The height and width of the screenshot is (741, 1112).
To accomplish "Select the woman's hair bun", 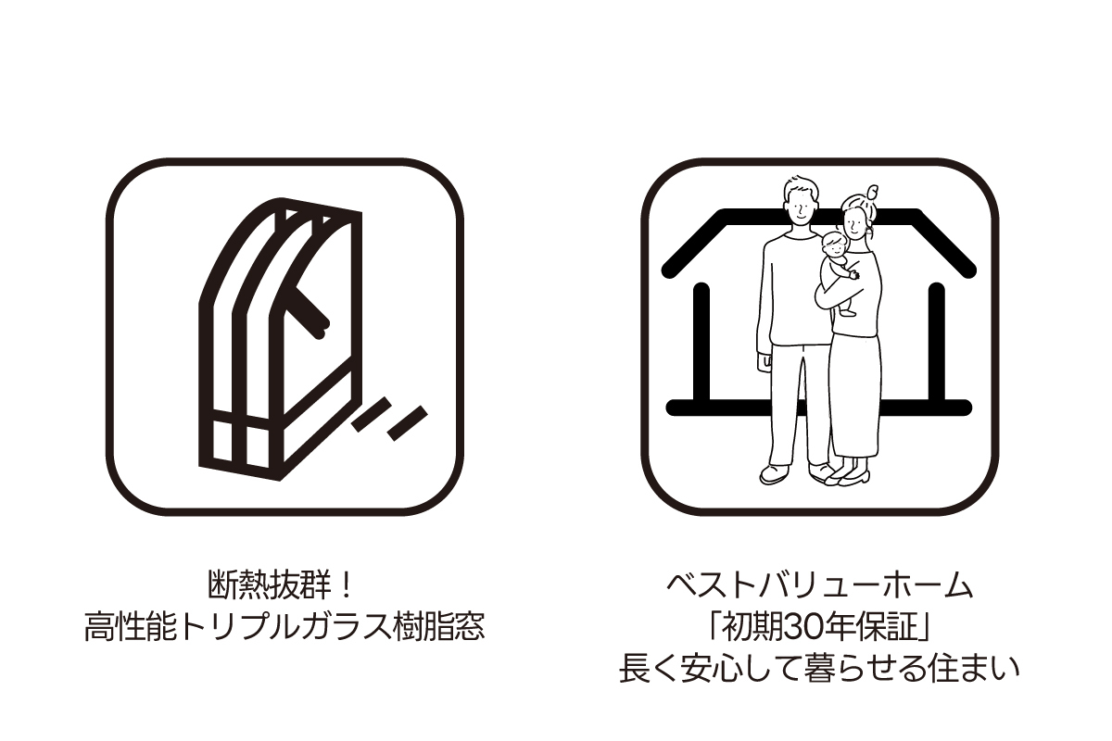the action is tap(872, 192).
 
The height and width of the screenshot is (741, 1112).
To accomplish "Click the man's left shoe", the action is tap(776, 474).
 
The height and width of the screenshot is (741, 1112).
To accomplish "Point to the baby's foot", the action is tap(848, 312).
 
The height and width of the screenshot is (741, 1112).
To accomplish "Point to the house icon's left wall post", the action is tap(701, 345).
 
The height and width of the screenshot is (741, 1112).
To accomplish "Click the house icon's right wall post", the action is tap(936, 345).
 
